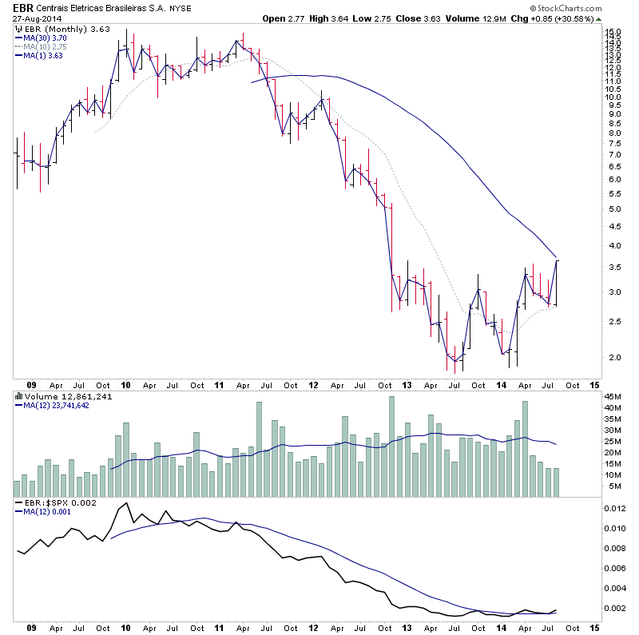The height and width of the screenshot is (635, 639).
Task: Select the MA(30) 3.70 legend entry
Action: (x=47, y=37)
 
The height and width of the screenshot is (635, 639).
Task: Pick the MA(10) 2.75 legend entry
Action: (x=47, y=46)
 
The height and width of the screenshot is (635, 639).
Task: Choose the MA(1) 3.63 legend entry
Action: (x=43, y=56)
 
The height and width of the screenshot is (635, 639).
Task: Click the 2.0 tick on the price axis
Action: (x=612, y=357)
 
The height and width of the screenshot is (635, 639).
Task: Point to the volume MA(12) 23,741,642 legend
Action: (x=57, y=405)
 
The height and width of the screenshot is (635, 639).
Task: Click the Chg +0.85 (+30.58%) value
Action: (x=591, y=18)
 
